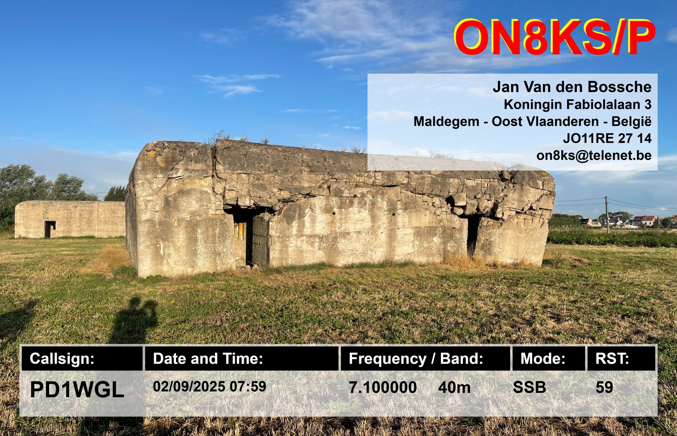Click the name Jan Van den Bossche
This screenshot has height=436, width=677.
[x=572, y=87]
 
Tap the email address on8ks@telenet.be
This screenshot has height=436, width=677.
[x=594, y=155]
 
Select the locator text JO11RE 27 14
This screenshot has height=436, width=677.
[x=607, y=139]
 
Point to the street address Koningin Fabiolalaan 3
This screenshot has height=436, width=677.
[x=578, y=104]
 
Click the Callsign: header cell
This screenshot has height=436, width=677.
[x=82, y=358]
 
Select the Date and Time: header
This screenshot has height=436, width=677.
[x=241, y=358]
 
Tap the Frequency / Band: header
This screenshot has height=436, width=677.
[x=426, y=358]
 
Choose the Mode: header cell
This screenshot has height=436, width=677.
[x=549, y=358]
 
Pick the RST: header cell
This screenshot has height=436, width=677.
[x=621, y=358]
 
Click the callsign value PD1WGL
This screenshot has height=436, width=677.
[x=77, y=390]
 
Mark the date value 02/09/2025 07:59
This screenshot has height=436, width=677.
[x=209, y=386]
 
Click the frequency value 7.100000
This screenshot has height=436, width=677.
[x=383, y=387]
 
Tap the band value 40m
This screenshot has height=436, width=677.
[x=454, y=387]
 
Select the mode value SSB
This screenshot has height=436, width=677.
[x=529, y=387]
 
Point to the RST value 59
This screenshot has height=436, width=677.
[x=604, y=387]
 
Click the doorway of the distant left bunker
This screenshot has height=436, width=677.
[x=50, y=229]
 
